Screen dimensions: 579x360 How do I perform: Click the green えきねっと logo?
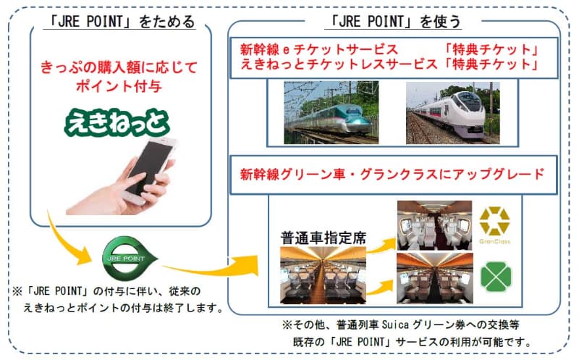pyautogui.click(x=117, y=122)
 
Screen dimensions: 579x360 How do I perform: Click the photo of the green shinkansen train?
pyautogui.click(x=331, y=112)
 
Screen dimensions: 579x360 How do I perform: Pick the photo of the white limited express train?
pyautogui.click(x=453, y=113)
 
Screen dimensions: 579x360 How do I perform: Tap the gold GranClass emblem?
pyautogui.click(x=494, y=225)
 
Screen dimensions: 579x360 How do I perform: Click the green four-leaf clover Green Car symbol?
pyautogui.click(x=496, y=277)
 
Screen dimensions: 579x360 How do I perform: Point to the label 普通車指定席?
pyautogui.click(x=324, y=238)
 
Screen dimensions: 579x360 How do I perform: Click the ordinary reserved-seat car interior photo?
pyautogui.click(x=323, y=275)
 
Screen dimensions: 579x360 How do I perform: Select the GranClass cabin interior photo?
pyautogui.click(x=435, y=225)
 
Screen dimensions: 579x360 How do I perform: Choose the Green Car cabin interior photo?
pyautogui.click(x=435, y=278)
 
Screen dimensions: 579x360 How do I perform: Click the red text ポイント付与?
pyautogui.click(x=119, y=86)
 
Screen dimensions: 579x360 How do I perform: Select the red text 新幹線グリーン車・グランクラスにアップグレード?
pyautogui.click(x=392, y=174)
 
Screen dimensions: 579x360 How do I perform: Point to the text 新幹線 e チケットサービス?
pyautogui.click(x=319, y=49)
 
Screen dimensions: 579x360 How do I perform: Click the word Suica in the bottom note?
pyautogui.click(x=395, y=325)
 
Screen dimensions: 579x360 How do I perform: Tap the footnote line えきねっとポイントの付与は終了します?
pyautogui.click(x=123, y=308)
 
